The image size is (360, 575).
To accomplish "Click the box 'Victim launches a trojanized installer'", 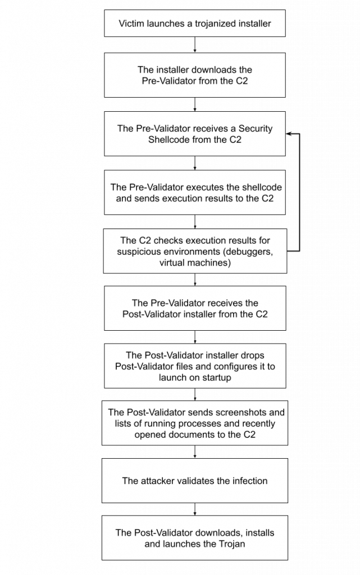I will (x=195, y=24).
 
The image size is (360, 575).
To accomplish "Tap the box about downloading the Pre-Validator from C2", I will (x=195, y=75).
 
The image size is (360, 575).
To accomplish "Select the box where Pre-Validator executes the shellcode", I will (x=195, y=193).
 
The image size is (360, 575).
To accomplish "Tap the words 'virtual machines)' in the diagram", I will (x=195, y=262).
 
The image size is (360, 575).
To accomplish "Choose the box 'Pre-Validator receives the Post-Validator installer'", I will (x=195, y=308).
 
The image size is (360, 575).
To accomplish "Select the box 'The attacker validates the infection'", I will (x=195, y=481).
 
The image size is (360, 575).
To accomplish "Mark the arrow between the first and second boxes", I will (x=195, y=44).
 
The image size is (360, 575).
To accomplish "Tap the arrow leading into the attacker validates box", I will (x=195, y=451).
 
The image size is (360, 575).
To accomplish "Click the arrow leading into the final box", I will (x=195, y=509).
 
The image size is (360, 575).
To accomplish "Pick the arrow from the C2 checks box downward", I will (x=195, y=280).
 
